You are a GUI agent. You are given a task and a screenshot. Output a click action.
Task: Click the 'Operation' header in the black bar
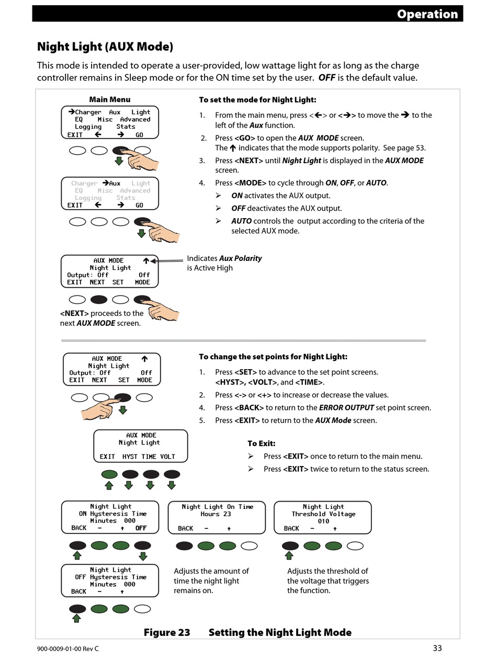pos(427,14)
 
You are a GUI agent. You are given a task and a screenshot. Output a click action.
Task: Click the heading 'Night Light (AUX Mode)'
pos(105,47)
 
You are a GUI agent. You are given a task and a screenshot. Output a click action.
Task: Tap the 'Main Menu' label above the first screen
pos(109,99)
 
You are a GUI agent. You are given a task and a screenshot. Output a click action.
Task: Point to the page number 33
pos(437,648)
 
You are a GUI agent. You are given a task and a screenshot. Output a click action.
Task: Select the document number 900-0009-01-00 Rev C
pos(68,649)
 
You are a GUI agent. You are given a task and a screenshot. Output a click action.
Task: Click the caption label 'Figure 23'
pos(167,632)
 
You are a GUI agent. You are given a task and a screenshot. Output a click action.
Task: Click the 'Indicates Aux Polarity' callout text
pos(224,258)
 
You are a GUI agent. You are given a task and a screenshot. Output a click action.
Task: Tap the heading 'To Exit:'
pos(261,444)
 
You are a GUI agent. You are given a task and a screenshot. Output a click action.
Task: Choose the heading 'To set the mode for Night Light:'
pos(257,100)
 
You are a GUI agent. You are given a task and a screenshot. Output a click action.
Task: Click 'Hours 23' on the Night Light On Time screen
pos(216,514)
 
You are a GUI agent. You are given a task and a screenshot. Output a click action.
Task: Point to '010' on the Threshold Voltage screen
pos(323,521)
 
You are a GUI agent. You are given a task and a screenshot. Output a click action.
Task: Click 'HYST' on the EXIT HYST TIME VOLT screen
pos(130,457)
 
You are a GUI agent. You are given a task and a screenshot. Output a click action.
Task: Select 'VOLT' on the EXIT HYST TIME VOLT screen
pos(167,457)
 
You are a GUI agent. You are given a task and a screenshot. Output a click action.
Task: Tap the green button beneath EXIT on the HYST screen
pos(109,474)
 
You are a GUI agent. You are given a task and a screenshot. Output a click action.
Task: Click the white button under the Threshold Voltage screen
pos(355,546)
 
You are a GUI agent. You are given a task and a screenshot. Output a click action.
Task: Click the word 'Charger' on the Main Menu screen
pos(88,112)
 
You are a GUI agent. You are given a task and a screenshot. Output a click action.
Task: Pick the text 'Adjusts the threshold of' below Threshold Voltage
pos(327,571)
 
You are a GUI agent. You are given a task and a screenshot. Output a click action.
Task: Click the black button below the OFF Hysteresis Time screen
pos(77,609)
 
